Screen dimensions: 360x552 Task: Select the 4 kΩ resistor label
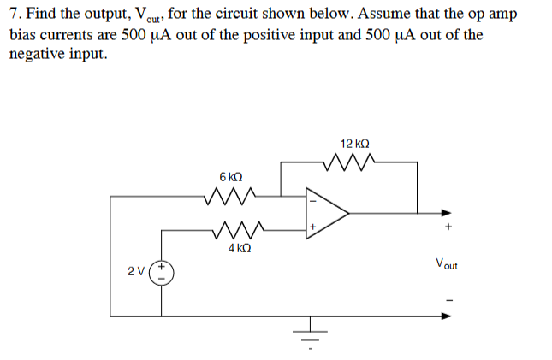coord(239,248)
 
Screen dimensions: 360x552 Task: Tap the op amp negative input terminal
coord(312,202)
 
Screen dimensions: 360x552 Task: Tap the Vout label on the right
coord(447,263)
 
